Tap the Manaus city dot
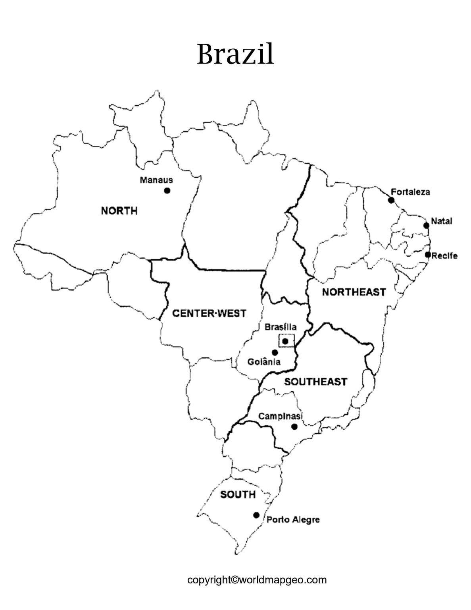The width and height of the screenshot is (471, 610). click(167, 191)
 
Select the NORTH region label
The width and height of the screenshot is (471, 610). click(119, 210)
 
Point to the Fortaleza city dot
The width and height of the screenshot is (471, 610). click(391, 200)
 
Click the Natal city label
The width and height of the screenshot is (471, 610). click(442, 221)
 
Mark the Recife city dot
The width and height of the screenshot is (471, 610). click(428, 255)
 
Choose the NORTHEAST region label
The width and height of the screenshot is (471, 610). click(354, 292)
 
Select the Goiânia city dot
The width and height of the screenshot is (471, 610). click(275, 352)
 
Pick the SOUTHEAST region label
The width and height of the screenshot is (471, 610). click(315, 382)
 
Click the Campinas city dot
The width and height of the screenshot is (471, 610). click(294, 427)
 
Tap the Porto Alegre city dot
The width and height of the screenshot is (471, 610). click(256, 515)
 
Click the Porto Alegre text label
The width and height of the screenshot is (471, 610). click(293, 519)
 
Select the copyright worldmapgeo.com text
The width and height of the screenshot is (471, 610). click(257, 580)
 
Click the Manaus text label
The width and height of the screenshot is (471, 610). click(156, 180)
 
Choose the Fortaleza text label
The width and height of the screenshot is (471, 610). click(410, 192)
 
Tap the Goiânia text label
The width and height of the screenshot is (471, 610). click(264, 362)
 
